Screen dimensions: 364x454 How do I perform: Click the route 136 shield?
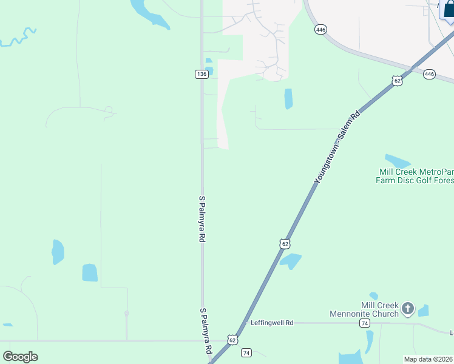pos(202,74)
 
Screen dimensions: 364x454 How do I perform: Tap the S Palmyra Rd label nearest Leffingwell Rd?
pos(206,331)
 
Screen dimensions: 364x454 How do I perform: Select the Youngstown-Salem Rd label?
pos(337,147)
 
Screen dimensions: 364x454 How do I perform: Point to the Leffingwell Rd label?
pos(272,323)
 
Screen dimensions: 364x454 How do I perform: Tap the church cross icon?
pos(408,309)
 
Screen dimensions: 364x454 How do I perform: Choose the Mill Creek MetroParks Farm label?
pos(413,176)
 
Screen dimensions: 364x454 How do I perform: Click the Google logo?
pos(20,356)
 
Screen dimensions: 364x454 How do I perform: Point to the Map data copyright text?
pos(429,359)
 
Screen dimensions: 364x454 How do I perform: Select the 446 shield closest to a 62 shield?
pos(430,74)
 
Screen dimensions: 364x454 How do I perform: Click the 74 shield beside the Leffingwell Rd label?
pos(365,323)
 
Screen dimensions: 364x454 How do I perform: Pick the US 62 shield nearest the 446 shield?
pos(397,81)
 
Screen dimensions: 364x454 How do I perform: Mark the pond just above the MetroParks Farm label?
pos(398,161)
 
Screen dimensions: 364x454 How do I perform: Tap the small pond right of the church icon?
pos(423,311)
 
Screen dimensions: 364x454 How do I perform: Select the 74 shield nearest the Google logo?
pos(246,352)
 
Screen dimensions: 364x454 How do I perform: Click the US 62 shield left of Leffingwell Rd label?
pos(232,340)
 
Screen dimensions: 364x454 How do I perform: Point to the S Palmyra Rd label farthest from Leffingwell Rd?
pos(202,219)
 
